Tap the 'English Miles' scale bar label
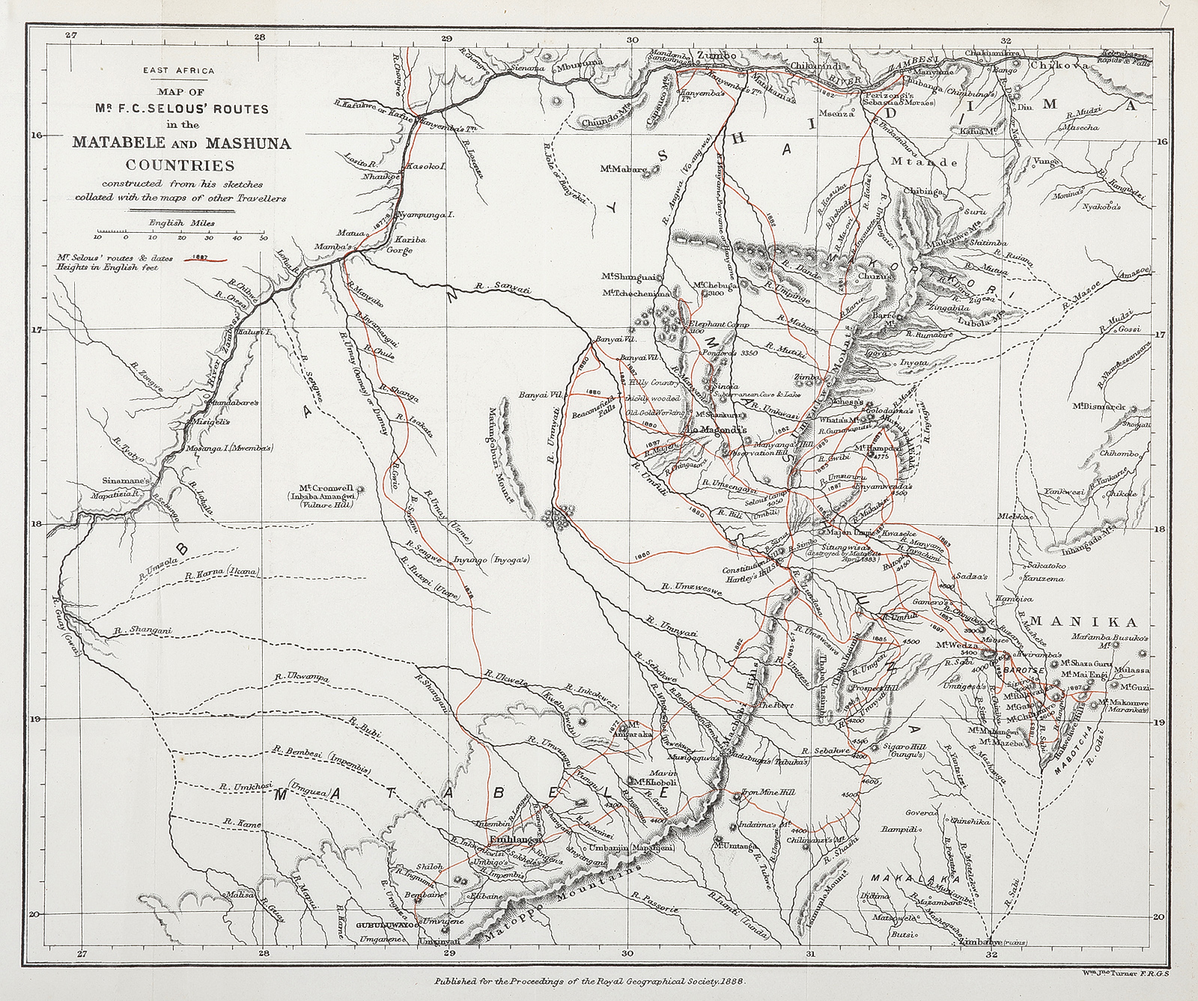pos(181,222)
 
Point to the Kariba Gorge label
pos(394,246)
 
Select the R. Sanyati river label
pos(502,287)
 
